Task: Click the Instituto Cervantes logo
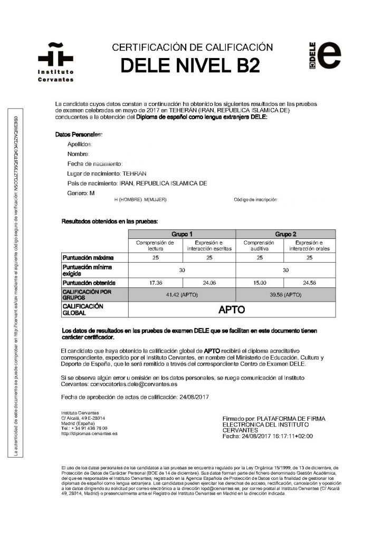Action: [55, 61]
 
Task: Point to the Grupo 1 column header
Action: [182, 233]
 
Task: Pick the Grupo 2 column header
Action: [285, 233]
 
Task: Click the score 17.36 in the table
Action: [156, 282]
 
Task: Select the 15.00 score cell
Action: [260, 282]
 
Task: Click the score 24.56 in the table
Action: [310, 282]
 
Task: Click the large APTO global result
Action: [232, 309]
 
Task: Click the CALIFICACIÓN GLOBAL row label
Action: [83, 309]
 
